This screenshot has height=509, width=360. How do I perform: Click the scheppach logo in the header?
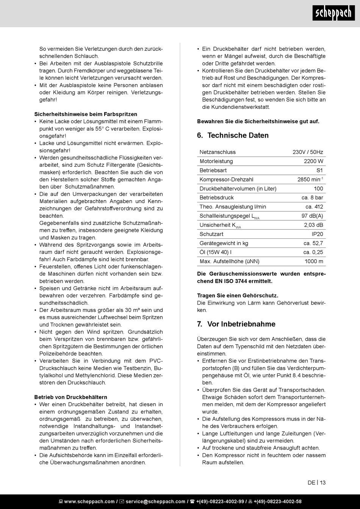334,14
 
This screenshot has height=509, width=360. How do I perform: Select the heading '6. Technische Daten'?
233,135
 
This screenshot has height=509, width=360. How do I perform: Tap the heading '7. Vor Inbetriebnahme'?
236,324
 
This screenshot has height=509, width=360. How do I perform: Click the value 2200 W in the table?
313,161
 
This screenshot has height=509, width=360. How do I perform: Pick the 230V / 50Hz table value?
308,152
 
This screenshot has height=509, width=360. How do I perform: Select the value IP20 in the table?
317,234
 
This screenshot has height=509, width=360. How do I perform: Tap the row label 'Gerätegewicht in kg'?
224,243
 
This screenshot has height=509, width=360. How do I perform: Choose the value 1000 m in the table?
314,261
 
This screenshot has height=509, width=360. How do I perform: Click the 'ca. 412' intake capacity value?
314,207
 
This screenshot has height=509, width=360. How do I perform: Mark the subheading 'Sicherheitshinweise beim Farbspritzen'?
86,114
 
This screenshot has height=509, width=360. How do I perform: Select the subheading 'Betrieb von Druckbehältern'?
70,397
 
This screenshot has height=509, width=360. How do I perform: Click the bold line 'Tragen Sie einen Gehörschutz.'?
238,295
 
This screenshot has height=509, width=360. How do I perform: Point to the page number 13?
322,482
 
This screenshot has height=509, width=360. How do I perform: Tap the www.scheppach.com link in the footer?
89,501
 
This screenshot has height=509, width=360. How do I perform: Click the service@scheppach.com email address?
155,501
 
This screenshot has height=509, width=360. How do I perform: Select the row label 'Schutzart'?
211,234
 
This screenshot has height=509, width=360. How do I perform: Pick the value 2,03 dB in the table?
313,225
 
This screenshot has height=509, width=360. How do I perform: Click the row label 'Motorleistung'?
216,161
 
